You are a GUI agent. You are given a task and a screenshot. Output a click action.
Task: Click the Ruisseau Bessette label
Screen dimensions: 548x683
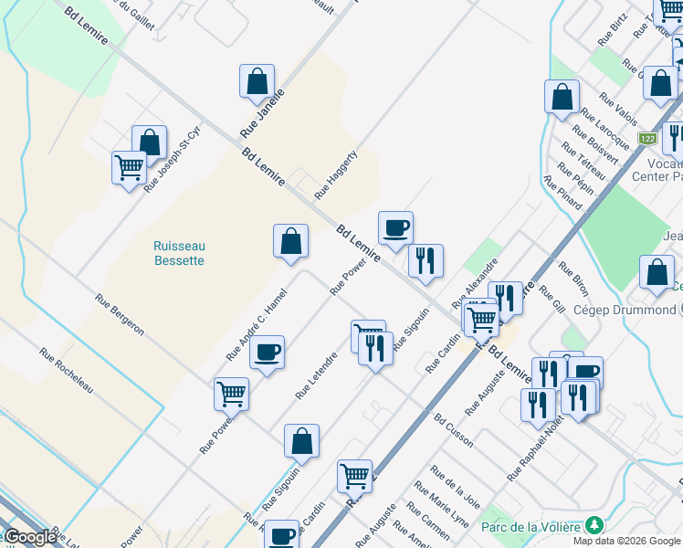click(x=179, y=253)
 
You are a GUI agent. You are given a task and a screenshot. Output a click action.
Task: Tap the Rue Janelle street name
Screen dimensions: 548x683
click(x=263, y=113)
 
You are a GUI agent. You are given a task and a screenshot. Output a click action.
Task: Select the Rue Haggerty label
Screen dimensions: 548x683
click(x=335, y=175)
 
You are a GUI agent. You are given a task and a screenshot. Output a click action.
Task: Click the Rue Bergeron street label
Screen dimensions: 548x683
click(x=120, y=314)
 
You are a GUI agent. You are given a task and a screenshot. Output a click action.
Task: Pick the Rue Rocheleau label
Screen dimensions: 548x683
click(x=67, y=371)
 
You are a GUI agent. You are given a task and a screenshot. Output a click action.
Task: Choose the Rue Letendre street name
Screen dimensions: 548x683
click(x=316, y=375)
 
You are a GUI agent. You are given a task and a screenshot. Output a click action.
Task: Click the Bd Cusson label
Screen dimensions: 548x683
click(x=454, y=430)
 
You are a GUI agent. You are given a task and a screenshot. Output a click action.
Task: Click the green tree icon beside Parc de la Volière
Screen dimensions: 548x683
click(x=594, y=525)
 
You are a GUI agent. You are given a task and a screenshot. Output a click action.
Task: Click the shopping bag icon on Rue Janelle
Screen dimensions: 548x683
click(x=257, y=82)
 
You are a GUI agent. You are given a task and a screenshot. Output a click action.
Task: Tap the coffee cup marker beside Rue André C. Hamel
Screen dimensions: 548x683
click(x=267, y=353)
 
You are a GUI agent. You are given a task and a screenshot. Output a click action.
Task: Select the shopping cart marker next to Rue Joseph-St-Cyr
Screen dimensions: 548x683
click(x=130, y=168)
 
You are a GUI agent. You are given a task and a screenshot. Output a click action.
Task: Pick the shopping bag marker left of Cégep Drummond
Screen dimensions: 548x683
click(x=657, y=272)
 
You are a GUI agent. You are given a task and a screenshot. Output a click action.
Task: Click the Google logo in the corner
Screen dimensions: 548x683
click(x=30, y=538)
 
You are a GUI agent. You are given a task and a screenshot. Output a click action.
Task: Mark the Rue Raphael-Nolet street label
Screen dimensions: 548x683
click(x=534, y=448)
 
